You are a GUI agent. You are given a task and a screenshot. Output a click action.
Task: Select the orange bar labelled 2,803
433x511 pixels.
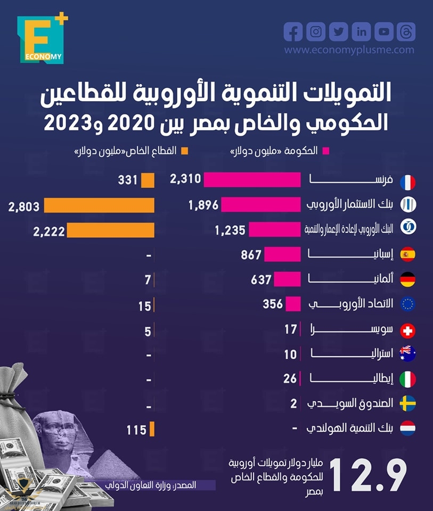[x=99, y=205]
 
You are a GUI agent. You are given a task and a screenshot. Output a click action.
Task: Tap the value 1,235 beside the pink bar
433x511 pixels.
[x=230, y=230]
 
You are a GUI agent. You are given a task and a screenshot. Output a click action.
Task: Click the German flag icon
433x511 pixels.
[x=407, y=279]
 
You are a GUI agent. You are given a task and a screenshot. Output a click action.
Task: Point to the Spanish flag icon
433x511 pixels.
[x=407, y=255]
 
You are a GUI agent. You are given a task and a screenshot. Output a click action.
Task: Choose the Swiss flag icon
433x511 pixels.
[x=407, y=331]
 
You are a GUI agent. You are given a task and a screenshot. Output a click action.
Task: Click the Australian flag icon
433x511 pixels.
[x=407, y=353]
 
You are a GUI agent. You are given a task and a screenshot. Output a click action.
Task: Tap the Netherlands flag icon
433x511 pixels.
[x=407, y=428]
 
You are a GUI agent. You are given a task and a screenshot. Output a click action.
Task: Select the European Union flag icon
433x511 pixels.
[x=407, y=304]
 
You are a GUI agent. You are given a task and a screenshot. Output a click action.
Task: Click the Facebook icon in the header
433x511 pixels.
[x=293, y=32]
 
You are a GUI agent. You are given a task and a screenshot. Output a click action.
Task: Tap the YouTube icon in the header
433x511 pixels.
[x=384, y=32]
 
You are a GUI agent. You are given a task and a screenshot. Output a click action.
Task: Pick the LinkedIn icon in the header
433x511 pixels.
[x=362, y=32]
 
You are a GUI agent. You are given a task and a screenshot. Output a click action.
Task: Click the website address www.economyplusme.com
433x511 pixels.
[x=349, y=50]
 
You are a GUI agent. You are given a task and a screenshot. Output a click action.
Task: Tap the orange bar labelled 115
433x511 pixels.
[x=152, y=429]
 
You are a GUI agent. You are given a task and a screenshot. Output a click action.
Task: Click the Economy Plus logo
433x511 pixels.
[x=42, y=39]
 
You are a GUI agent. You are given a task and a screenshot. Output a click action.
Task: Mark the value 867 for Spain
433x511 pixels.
[x=251, y=255]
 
